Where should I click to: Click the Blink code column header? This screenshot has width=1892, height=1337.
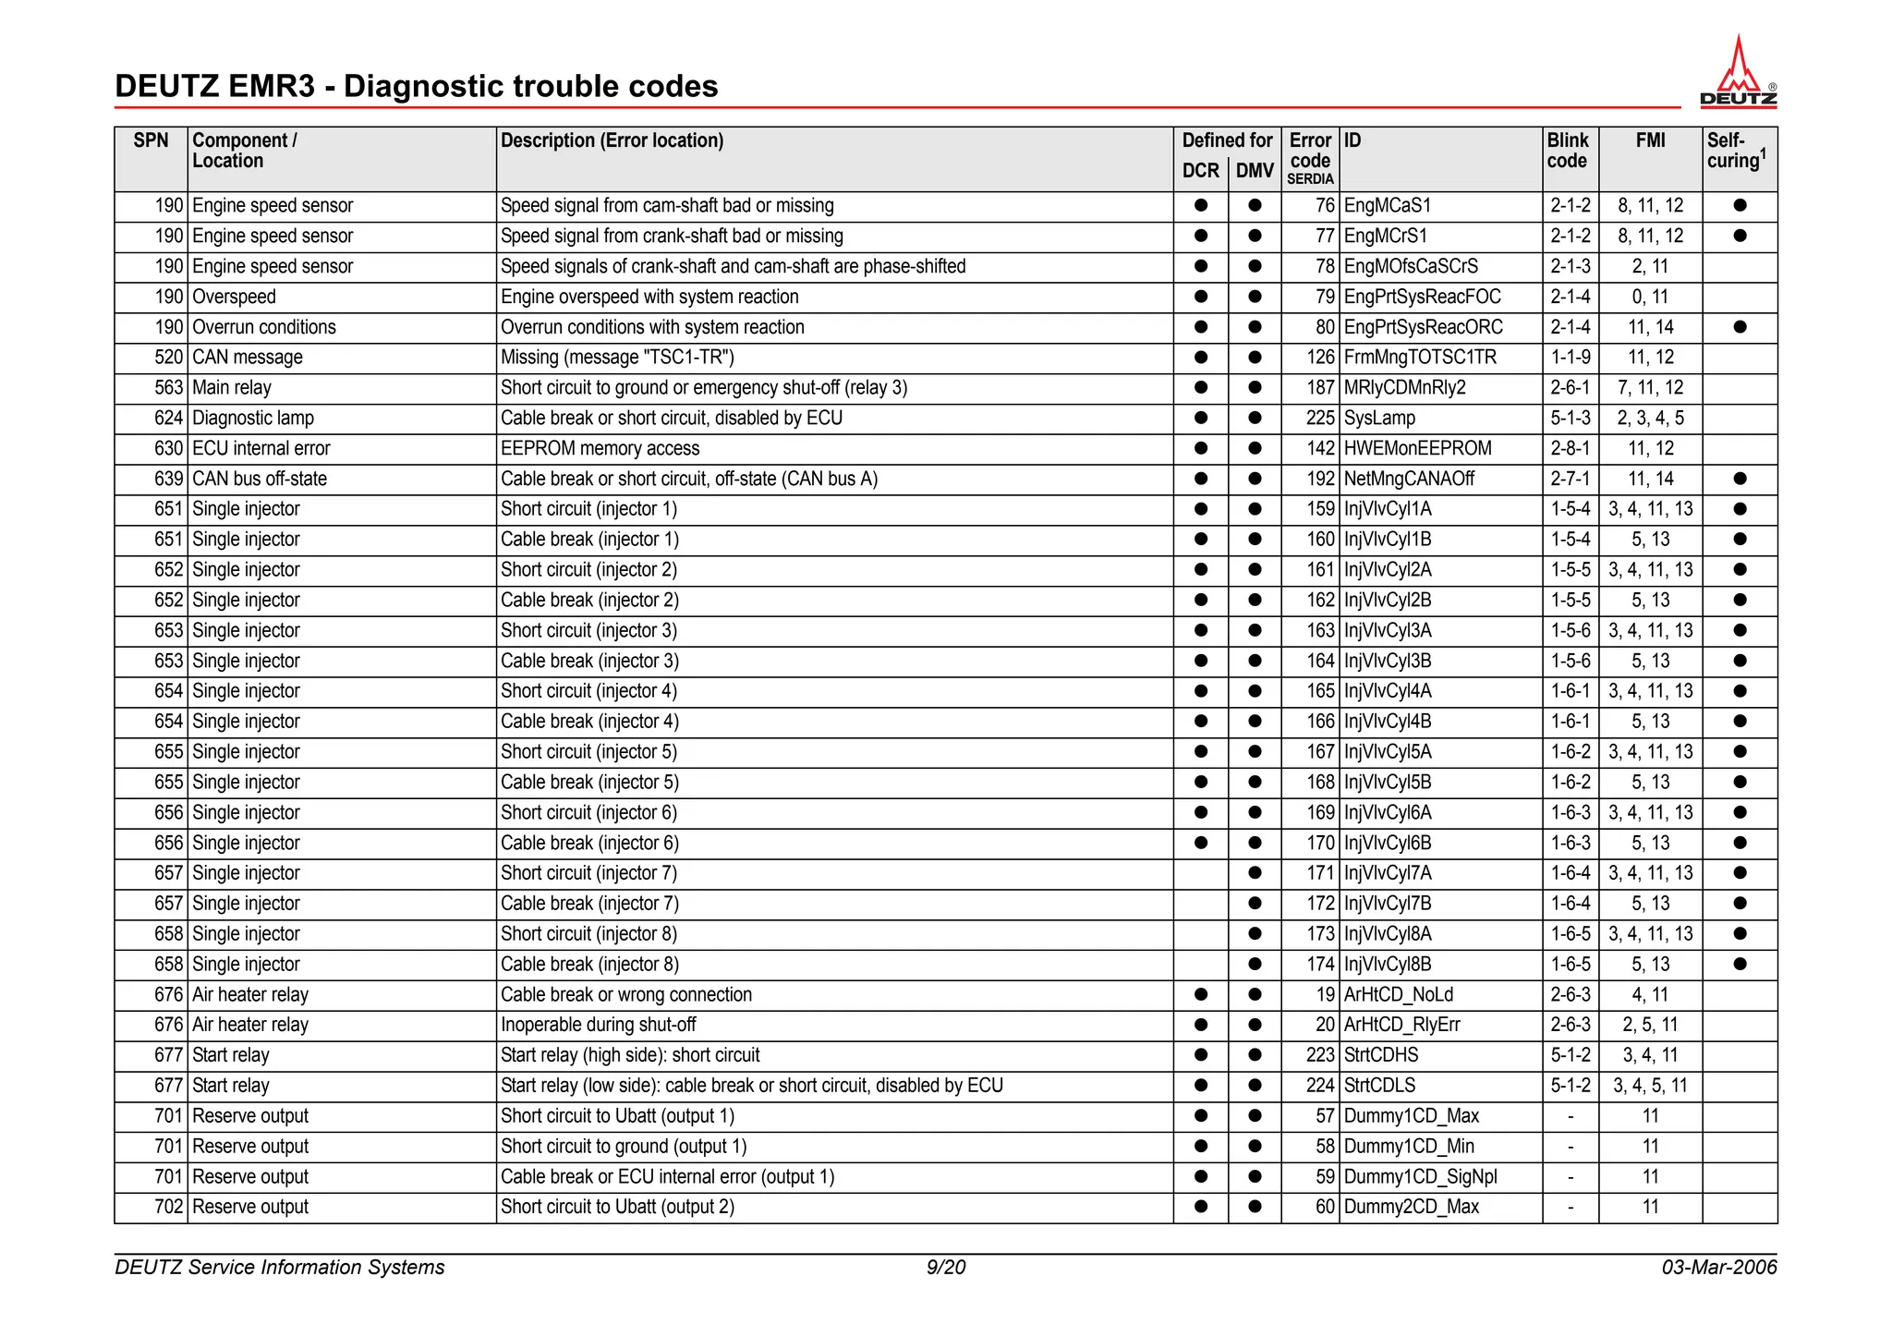[1569, 151]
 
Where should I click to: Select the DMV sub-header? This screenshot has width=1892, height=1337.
[1255, 171]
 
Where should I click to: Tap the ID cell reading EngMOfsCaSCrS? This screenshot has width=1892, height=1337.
[1411, 267]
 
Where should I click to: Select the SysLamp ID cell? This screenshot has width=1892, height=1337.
[1379, 419]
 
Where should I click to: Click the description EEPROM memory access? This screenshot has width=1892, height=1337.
[600, 449]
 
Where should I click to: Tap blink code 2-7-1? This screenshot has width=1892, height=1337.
[1571, 480]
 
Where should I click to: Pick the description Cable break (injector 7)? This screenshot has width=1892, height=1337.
[589, 904]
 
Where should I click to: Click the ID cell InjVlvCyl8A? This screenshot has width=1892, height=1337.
[1388, 934]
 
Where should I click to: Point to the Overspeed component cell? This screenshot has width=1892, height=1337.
[234, 298]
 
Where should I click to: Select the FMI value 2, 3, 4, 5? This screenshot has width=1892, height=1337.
[1650, 419]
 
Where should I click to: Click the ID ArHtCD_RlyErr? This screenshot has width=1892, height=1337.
[1401, 1025]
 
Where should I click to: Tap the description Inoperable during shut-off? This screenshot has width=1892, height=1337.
[599, 1025]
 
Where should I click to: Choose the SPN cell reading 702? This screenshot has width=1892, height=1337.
[168, 1207]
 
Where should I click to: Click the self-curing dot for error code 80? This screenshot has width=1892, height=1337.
[1740, 327]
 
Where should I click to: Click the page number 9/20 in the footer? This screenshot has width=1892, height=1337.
[946, 1267]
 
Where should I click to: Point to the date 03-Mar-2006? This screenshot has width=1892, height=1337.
[1718, 1267]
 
